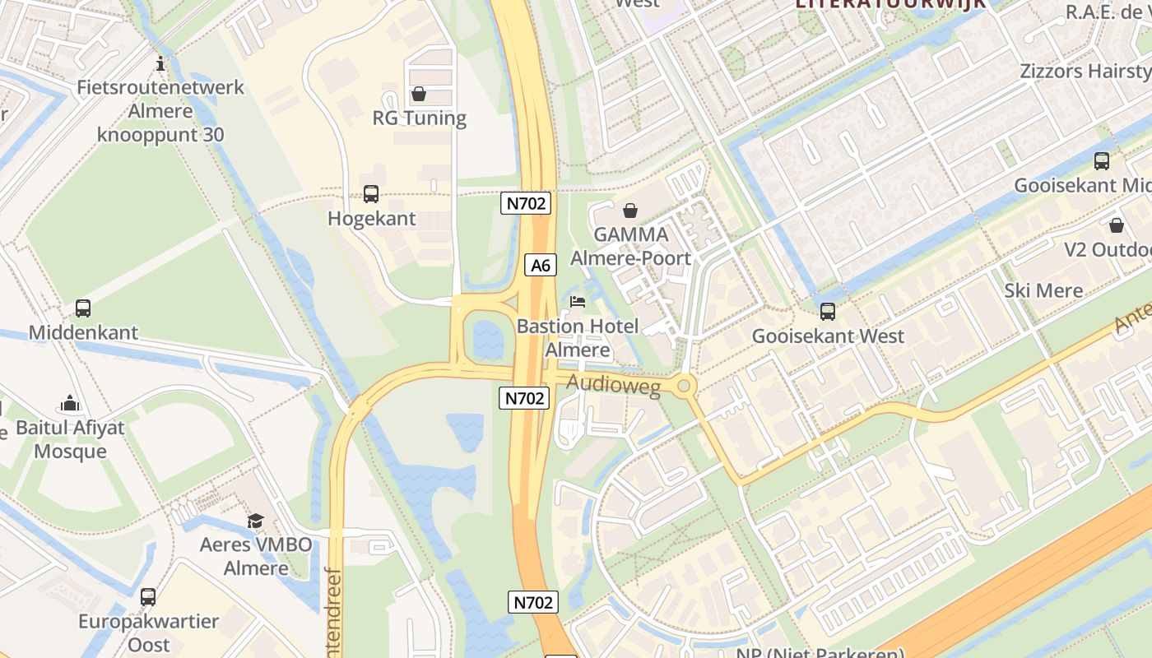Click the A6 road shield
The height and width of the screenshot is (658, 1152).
point(540,265)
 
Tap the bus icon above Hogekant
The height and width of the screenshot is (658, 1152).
point(371,194)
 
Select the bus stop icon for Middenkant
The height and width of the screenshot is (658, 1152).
point(83,308)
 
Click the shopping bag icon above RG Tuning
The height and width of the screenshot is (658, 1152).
point(419,94)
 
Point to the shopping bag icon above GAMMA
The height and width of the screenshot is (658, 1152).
point(630,211)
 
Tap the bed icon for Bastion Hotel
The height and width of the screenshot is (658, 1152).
point(578,302)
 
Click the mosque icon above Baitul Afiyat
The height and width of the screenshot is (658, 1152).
point(70,404)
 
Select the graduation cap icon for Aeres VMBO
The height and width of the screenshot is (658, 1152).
point(256,521)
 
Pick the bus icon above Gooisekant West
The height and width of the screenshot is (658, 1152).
point(828,312)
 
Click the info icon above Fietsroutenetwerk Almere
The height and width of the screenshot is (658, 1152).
point(161,63)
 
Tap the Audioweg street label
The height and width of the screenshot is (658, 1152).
point(614,385)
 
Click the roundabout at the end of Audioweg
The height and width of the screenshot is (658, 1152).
point(685,385)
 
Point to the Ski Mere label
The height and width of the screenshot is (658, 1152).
point(1043,290)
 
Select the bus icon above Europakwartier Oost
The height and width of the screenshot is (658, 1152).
point(148,597)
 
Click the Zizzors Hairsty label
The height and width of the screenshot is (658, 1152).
point(1085,71)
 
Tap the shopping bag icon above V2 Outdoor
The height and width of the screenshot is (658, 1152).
point(1117,225)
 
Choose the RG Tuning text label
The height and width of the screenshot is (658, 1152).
point(419,118)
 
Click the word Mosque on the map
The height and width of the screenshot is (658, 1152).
point(71,451)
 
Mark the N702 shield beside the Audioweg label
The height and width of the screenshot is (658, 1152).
point(524,398)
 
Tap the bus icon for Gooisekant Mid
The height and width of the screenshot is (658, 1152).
point(1102,161)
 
